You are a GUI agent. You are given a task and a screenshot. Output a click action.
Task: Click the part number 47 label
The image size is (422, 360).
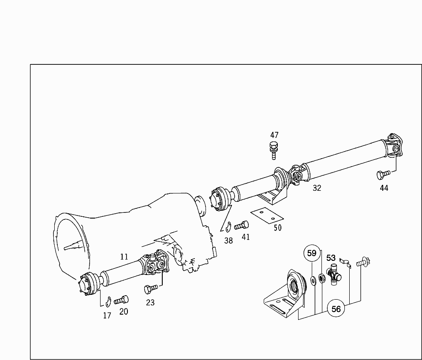click(x=274, y=135)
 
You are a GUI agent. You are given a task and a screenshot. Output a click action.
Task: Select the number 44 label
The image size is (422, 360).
click(x=384, y=188)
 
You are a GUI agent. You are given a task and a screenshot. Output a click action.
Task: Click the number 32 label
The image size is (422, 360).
click(x=317, y=188)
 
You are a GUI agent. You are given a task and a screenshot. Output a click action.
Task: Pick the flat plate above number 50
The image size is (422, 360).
click(x=267, y=215)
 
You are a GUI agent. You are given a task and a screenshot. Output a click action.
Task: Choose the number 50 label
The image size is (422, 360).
click(x=278, y=228)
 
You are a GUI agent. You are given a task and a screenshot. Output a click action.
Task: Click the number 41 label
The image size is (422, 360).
click(x=246, y=237)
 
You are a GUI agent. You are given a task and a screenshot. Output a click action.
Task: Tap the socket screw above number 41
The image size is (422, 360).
click(x=241, y=225)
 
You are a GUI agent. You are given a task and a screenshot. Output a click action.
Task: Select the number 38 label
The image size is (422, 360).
click(x=228, y=241)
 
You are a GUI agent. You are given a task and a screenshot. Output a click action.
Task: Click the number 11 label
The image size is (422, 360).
click(x=124, y=257)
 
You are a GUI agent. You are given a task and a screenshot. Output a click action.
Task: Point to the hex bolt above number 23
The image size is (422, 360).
click(x=151, y=289)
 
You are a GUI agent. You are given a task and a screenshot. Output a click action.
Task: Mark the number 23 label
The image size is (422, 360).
click(x=150, y=303)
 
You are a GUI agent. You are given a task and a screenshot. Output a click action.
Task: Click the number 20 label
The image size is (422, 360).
click(x=124, y=312)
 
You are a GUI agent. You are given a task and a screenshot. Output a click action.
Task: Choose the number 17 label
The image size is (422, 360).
click(x=107, y=315)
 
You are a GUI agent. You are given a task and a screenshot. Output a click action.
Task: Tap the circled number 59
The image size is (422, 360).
click(x=312, y=253)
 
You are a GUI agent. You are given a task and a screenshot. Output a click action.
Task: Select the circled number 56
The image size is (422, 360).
click(x=336, y=309)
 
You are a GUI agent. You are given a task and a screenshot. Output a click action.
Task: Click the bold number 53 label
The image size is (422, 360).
click(x=331, y=258)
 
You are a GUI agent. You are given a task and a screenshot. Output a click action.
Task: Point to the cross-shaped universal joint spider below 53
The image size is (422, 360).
click(x=334, y=275)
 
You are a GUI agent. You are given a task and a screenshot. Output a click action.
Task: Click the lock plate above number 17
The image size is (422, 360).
click(x=108, y=302)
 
